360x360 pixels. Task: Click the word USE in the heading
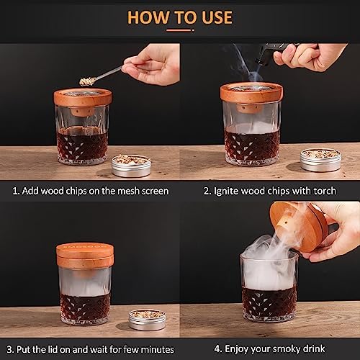217,17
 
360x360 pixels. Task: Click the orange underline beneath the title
179,30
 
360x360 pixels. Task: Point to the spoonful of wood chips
87,81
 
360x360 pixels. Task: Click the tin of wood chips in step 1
131,166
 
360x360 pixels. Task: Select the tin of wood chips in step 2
320,159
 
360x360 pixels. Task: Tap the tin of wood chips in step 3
147,320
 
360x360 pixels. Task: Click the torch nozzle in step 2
261,62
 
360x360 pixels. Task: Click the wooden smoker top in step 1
83,99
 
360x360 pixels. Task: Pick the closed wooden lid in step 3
85,256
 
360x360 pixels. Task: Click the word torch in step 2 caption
325,191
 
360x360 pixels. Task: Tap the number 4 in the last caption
217,348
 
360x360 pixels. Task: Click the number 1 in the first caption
15,191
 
